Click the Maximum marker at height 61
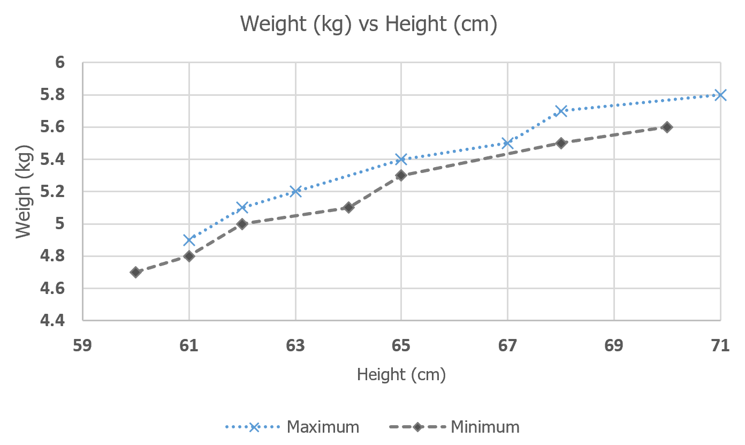[x=188, y=240]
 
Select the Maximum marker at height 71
[x=720, y=95]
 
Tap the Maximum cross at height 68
[x=560, y=111]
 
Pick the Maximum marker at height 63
[x=295, y=191]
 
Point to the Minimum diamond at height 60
[x=135, y=272]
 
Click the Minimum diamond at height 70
[x=667, y=127]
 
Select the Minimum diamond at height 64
[x=348, y=207]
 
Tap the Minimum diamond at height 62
[x=242, y=224]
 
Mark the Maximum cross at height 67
[x=507, y=143]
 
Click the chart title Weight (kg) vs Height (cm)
[x=369, y=24]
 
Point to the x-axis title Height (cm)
[x=401, y=375]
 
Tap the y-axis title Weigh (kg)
[x=24, y=192]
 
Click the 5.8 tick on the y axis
[x=53, y=95]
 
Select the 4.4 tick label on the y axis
[x=53, y=320]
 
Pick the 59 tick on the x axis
[x=82, y=345]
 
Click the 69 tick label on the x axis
[x=614, y=345]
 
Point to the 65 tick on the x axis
[x=401, y=345]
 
